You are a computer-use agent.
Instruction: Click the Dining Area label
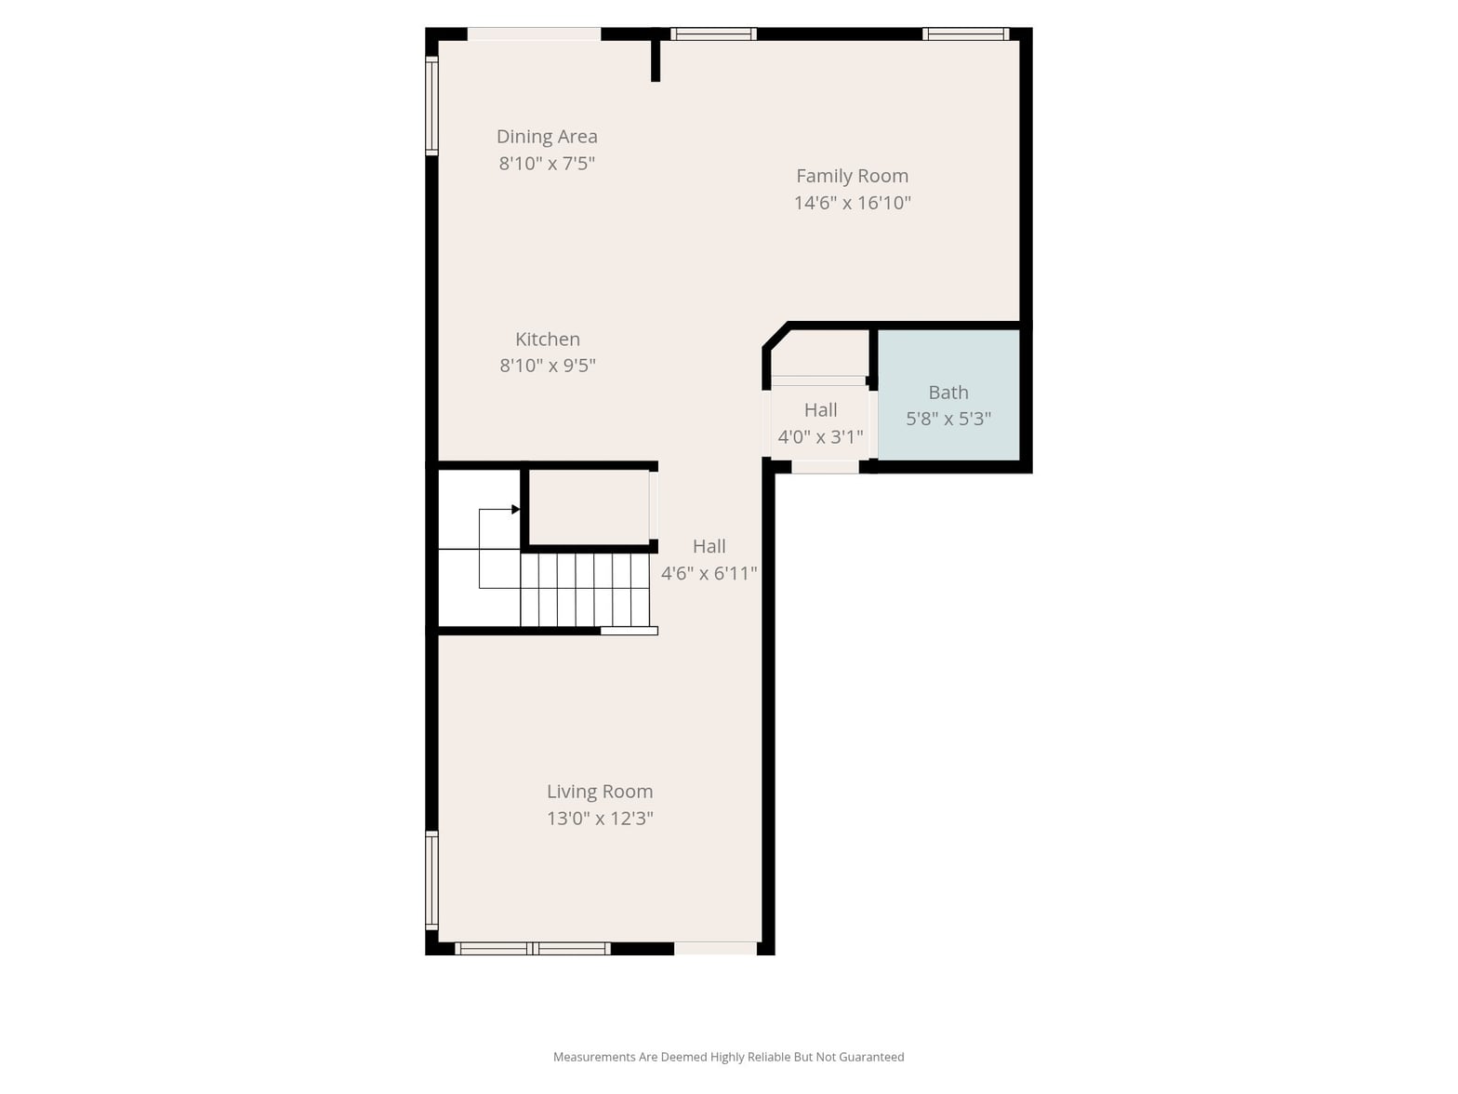pos(547,137)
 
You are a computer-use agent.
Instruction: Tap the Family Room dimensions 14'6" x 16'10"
pos(853,203)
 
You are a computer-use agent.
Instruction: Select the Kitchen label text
pos(548,340)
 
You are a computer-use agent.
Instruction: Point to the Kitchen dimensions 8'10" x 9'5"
pos(548,366)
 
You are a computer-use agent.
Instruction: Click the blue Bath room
pos(948,394)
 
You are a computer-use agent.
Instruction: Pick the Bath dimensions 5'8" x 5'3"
pos(948,419)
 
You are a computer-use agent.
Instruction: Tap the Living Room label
pos(600,792)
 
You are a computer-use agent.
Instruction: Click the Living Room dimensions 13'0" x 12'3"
pos(600,819)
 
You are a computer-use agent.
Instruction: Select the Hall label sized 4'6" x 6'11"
pos(709,547)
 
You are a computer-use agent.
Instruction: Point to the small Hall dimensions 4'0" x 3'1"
pos(820,437)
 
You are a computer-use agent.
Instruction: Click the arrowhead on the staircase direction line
pos(515,510)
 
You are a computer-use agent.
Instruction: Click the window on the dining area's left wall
pos(431,106)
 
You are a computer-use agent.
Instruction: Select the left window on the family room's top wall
pos(713,33)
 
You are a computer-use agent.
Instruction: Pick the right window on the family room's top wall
pos(966,33)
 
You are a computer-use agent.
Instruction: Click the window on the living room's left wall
pos(431,879)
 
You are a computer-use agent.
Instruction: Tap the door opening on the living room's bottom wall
pos(715,948)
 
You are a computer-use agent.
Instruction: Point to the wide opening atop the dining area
pos(534,33)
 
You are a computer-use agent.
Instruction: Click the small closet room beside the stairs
pos(589,508)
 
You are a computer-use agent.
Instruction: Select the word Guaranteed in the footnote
pos(871,1057)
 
